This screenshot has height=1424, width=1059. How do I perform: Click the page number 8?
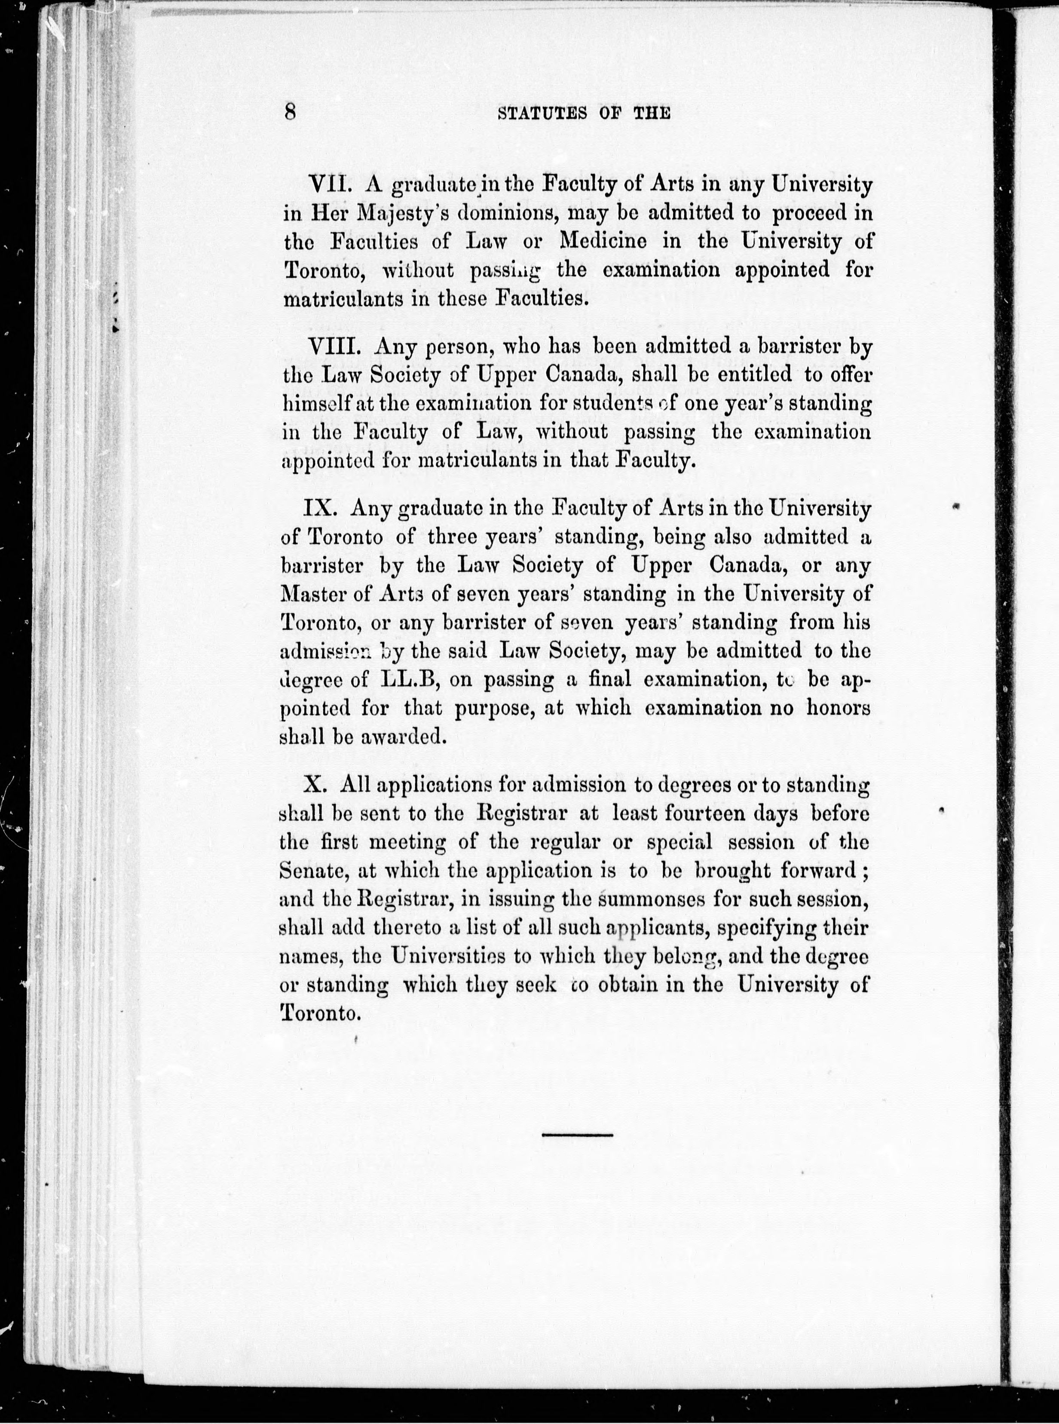(x=290, y=112)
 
